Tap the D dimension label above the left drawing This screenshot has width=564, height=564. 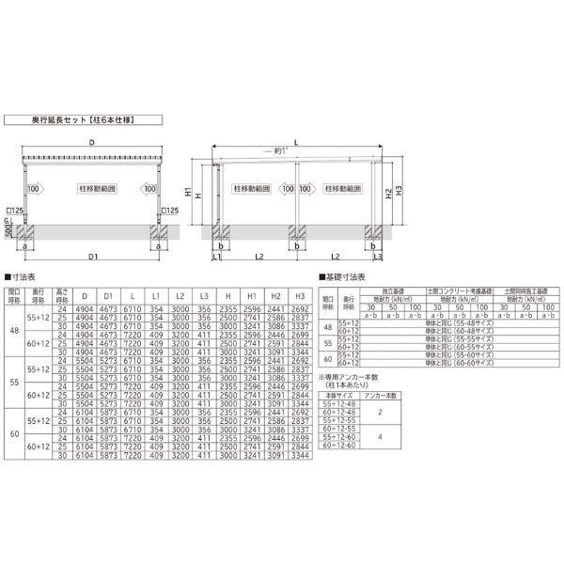(x=91, y=142)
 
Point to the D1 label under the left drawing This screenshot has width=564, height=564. (x=93, y=256)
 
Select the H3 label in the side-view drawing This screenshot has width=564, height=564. (x=400, y=191)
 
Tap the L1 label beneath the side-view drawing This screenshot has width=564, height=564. (x=218, y=257)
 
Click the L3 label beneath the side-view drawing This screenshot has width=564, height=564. (x=378, y=257)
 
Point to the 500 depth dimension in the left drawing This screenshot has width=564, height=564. (x=8, y=231)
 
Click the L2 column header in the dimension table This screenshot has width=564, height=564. (x=180, y=294)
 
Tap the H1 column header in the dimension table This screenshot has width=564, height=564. (x=251, y=294)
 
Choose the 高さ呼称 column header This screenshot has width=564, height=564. (x=61, y=294)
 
